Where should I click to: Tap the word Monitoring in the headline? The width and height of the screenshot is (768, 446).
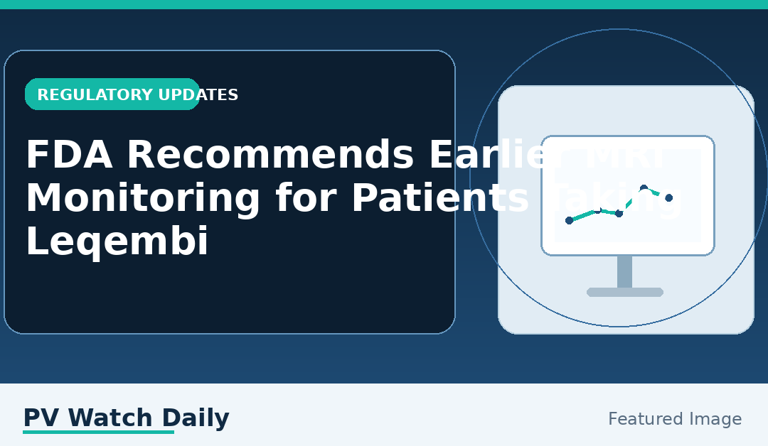tap(143, 199)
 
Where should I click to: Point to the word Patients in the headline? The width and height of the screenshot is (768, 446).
tap(440, 199)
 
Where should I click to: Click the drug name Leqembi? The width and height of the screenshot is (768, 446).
tap(117, 242)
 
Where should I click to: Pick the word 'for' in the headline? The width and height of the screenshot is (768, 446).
tap(305, 199)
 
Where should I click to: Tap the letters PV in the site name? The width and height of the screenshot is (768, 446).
tap(42, 418)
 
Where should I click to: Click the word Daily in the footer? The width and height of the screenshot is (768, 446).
tap(196, 418)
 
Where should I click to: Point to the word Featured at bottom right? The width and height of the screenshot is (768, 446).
tap(640, 420)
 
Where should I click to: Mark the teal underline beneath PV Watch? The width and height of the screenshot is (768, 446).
tap(98, 432)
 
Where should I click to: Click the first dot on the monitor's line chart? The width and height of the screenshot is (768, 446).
tap(569, 220)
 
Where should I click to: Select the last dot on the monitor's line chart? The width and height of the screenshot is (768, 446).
tap(668, 197)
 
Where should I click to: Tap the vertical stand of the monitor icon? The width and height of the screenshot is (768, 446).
tap(624, 271)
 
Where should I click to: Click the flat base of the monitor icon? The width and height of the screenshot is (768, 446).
tap(624, 292)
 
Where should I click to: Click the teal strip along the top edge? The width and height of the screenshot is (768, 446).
tap(384, 4)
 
